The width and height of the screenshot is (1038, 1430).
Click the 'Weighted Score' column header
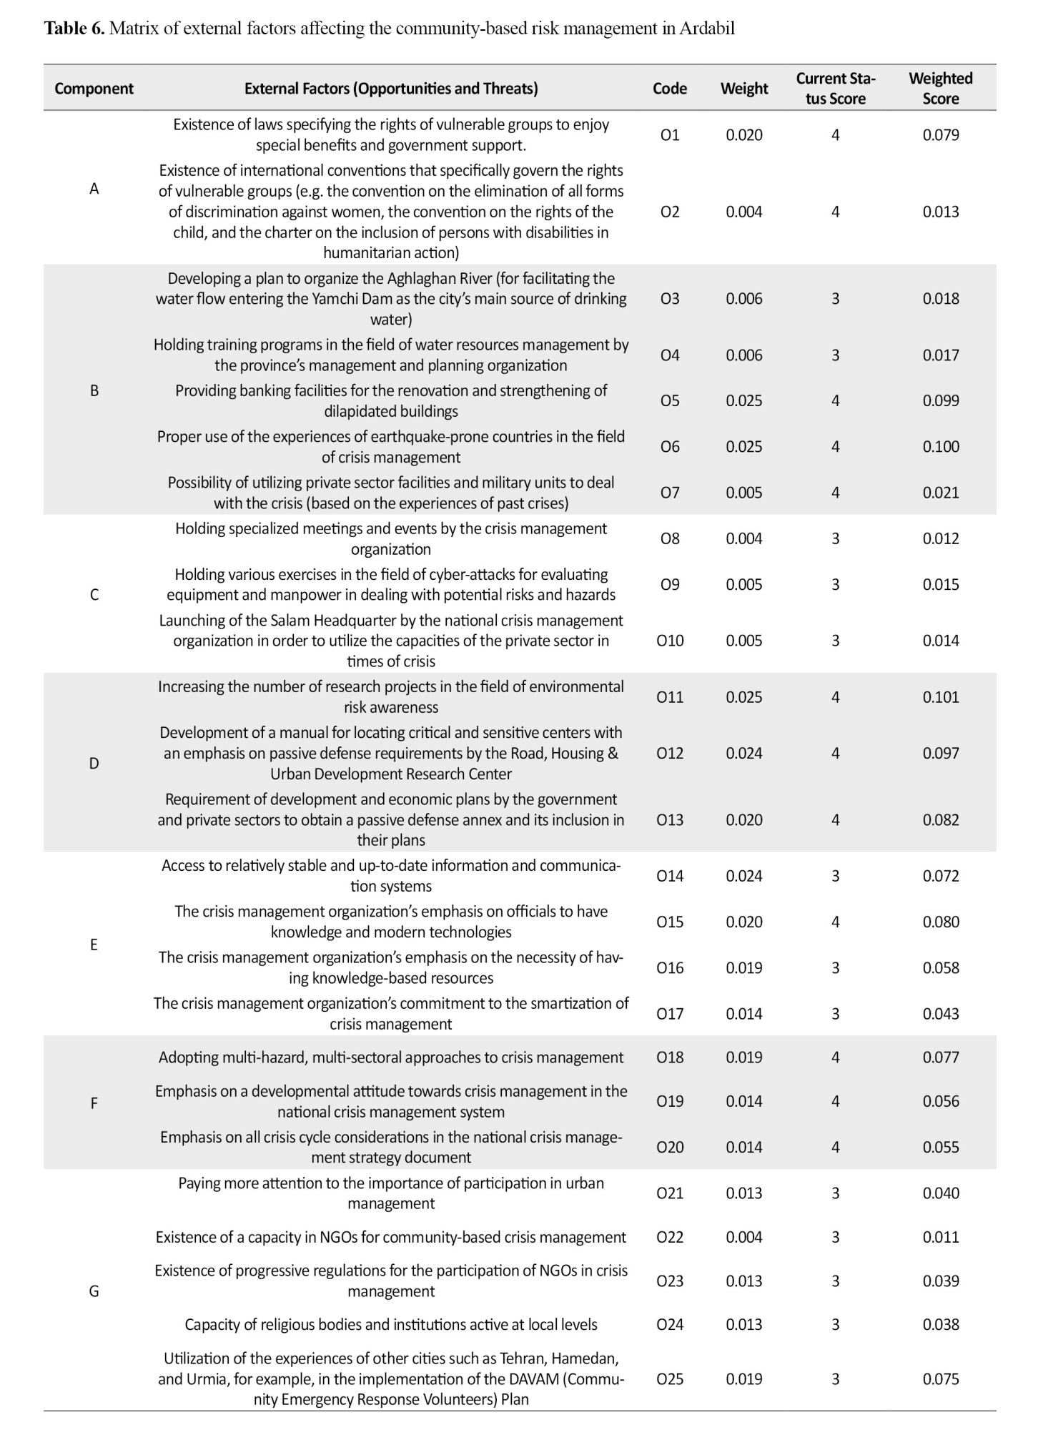click(x=940, y=89)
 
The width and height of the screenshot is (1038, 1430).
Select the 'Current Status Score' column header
click(x=835, y=89)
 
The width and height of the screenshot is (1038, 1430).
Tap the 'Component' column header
click(x=94, y=89)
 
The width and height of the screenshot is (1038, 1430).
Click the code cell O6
click(x=670, y=447)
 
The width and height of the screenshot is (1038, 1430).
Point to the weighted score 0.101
click(x=940, y=697)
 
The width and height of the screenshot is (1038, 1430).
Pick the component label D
click(x=94, y=764)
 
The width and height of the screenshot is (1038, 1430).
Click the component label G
click(x=94, y=1291)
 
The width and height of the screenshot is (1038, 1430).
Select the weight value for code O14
click(x=744, y=877)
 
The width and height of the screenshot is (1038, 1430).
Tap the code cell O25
click(x=670, y=1379)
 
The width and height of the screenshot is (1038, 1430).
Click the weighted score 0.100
click(x=940, y=447)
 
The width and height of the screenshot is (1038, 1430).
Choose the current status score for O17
click(x=835, y=1014)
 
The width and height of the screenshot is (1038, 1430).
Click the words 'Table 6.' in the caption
click(x=74, y=29)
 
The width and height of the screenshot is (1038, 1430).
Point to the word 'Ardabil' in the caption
click(x=707, y=29)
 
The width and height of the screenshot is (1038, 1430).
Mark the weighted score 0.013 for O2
click(x=940, y=212)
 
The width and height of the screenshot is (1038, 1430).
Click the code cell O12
click(x=670, y=754)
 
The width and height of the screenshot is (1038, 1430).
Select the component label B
click(x=94, y=391)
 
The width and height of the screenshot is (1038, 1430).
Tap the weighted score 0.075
click(x=940, y=1379)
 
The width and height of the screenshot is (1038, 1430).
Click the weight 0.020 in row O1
click(x=744, y=135)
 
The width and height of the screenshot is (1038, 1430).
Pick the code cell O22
click(x=670, y=1238)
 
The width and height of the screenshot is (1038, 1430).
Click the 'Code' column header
click(x=670, y=89)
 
